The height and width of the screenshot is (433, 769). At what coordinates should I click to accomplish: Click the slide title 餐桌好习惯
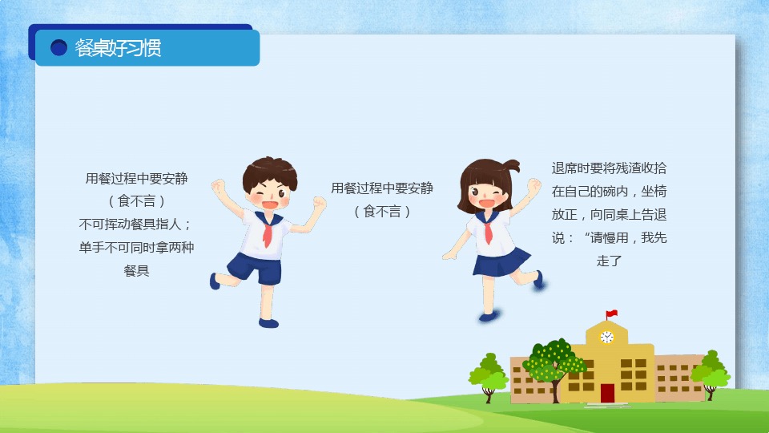(x=118, y=48)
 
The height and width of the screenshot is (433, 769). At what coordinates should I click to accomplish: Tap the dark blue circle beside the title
(x=58, y=47)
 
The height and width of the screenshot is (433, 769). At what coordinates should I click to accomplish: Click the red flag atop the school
(x=611, y=314)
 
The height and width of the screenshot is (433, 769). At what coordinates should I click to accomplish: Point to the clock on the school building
(x=606, y=337)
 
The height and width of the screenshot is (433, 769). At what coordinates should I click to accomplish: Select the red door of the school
(x=607, y=393)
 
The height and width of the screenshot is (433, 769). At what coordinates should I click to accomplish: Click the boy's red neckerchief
(x=268, y=231)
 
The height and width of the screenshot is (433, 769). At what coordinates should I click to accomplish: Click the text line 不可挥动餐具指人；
(x=135, y=225)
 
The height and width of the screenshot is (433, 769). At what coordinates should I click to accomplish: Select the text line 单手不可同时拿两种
(x=136, y=248)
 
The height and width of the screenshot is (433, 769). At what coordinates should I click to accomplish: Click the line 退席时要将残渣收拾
(x=609, y=168)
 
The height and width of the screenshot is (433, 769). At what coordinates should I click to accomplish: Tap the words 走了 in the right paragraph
(x=609, y=261)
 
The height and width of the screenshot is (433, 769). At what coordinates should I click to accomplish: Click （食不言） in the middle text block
(x=382, y=212)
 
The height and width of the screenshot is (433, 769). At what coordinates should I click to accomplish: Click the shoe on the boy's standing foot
(x=268, y=323)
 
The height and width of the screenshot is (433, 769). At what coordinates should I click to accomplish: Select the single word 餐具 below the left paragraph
(x=136, y=270)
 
